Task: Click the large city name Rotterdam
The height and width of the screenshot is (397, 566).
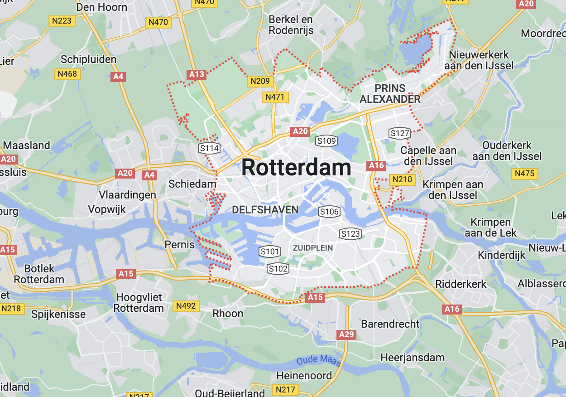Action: (x=296, y=168)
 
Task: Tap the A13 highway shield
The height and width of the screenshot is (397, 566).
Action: (x=197, y=74)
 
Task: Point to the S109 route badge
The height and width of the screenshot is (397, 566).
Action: (x=326, y=141)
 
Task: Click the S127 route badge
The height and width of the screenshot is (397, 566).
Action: (x=399, y=133)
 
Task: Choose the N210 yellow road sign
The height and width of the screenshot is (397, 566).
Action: (x=402, y=179)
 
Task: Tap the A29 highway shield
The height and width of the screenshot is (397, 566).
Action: (x=346, y=334)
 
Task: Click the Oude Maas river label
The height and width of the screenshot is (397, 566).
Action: (x=319, y=361)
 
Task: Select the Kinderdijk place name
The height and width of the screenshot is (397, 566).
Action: (x=502, y=255)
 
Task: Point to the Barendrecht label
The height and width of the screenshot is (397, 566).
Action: (x=390, y=324)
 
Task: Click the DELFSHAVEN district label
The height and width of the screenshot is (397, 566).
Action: (x=265, y=210)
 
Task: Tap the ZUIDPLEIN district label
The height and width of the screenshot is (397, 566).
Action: (x=313, y=248)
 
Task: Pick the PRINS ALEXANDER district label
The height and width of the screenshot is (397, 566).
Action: (x=390, y=93)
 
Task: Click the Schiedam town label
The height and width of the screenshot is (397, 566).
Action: (x=192, y=184)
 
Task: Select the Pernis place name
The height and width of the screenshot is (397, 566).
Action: (x=180, y=245)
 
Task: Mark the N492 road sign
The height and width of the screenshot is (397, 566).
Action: (x=186, y=306)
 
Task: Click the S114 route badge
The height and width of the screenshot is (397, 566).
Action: (x=209, y=148)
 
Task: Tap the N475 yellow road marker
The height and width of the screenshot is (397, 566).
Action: (x=525, y=174)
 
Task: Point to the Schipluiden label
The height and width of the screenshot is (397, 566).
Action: (x=88, y=59)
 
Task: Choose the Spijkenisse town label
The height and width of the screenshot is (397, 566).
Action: (x=58, y=314)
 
